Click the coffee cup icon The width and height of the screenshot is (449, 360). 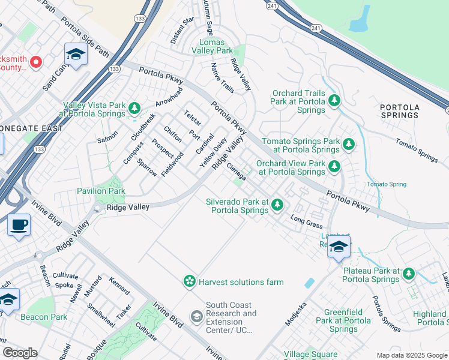(x=19, y=226)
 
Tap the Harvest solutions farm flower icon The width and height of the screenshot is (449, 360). (x=190, y=281)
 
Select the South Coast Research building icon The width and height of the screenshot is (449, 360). (x=196, y=316)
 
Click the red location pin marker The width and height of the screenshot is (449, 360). (x=35, y=62)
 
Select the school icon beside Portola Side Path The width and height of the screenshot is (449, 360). (x=76, y=55)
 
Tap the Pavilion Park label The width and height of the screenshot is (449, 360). (x=100, y=191)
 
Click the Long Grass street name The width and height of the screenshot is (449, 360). (x=306, y=223)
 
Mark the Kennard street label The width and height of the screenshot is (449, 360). (x=119, y=285)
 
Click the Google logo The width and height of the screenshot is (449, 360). (x=20, y=353)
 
